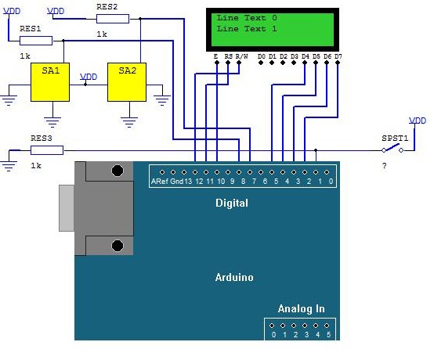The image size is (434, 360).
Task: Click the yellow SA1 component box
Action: click(x=50, y=82)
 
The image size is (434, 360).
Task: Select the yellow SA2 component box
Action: click(x=127, y=82)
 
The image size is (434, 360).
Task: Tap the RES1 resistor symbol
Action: click(x=36, y=41)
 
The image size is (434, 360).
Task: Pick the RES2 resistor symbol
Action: click(x=113, y=19)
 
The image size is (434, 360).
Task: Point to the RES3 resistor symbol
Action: click(x=47, y=150)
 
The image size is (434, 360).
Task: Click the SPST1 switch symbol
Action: click(x=392, y=149)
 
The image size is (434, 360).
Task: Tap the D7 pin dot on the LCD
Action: click(x=338, y=63)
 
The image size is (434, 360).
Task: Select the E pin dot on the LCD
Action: click(x=217, y=63)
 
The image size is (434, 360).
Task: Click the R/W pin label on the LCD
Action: click(x=241, y=56)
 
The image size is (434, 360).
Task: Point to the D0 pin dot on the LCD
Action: click(x=261, y=63)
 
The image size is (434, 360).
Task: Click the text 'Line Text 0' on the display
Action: click(x=247, y=18)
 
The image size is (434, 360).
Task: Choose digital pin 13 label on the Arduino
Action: click(x=188, y=182)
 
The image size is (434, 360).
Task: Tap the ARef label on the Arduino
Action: click(x=160, y=182)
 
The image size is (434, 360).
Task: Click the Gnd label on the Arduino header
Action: click(x=176, y=182)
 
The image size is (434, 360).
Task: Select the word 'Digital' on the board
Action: click(x=232, y=203)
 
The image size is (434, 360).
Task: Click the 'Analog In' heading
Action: click(x=301, y=308)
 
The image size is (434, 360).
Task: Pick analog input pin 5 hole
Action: click(x=327, y=326)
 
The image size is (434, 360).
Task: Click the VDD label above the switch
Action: click(x=418, y=121)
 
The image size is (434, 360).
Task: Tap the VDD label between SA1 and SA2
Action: click(x=89, y=77)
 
